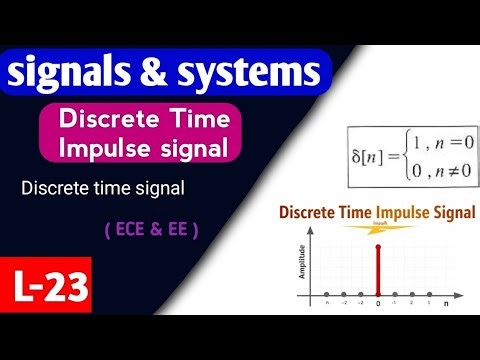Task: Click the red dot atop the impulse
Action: pyautogui.click(x=377, y=247)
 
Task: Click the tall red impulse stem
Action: pyautogui.click(x=377, y=272)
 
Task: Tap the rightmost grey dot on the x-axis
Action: pyautogui.click(x=428, y=295)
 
